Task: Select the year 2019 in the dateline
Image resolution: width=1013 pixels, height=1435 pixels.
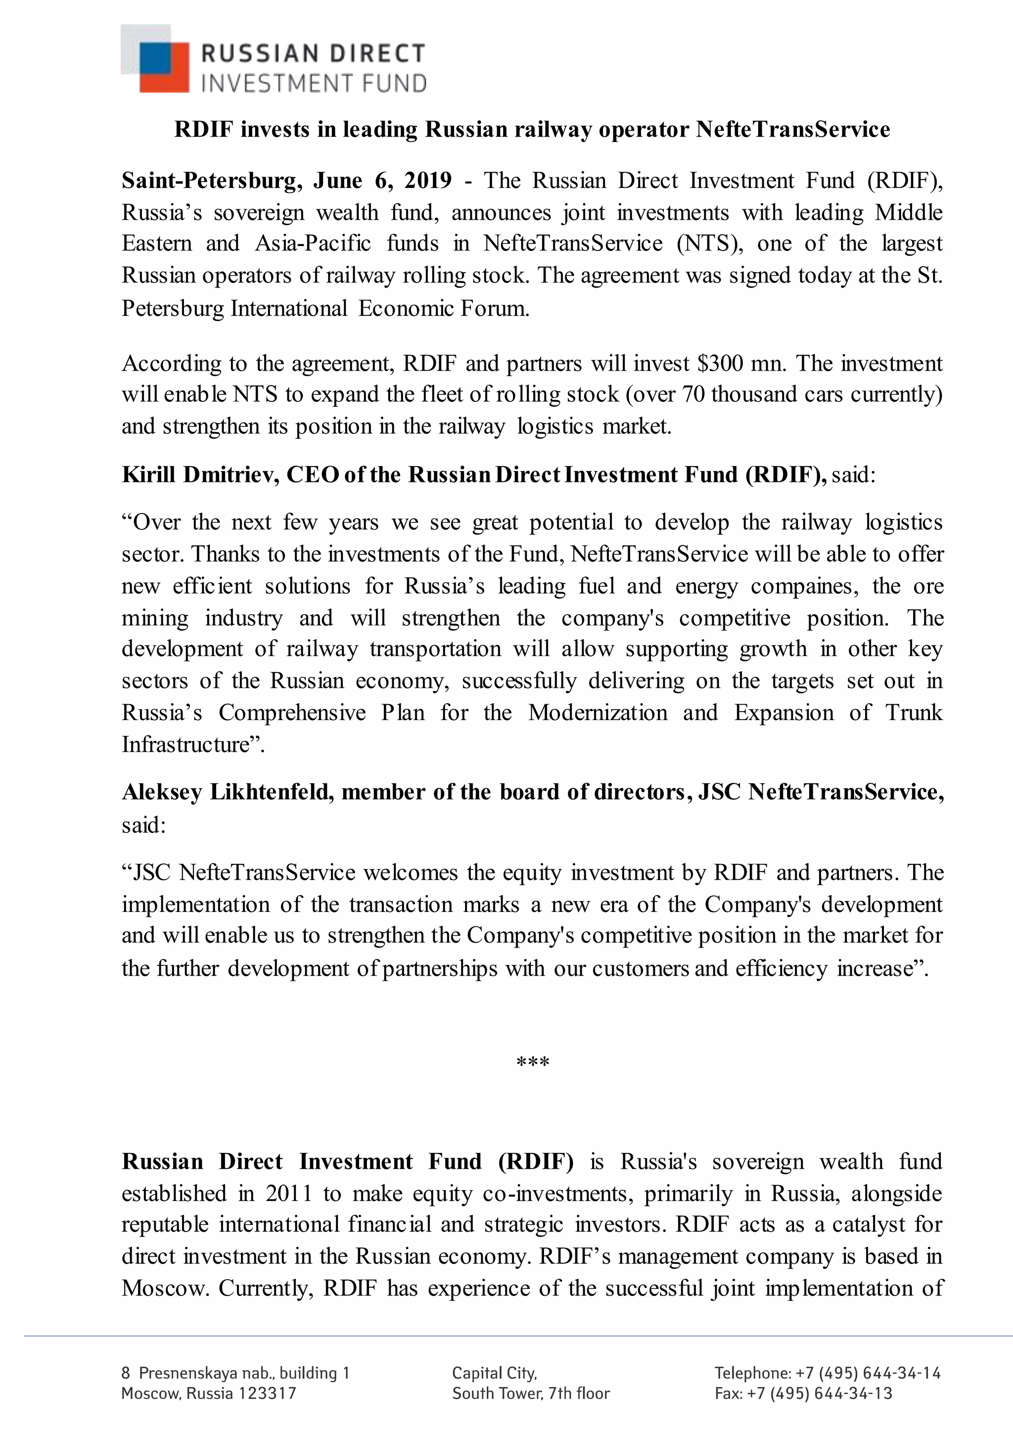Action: (427, 181)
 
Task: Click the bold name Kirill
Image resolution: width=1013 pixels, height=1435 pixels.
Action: (149, 475)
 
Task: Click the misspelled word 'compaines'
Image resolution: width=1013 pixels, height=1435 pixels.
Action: (804, 586)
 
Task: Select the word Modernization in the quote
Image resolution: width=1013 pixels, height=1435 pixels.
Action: (598, 713)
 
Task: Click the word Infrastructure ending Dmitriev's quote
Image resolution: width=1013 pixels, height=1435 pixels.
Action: (185, 744)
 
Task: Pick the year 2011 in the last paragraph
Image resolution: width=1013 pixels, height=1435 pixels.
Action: (288, 1193)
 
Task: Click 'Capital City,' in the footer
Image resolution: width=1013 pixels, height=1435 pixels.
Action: (494, 1373)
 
